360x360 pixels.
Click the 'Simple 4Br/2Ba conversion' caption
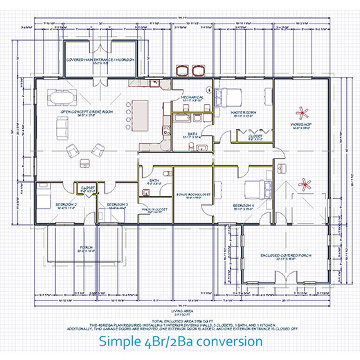pyautogui.click(x=180, y=341)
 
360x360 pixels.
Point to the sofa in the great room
pyautogui.click(x=62, y=126)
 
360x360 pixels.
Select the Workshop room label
pyautogui.click(x=303, y=125)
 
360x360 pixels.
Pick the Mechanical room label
pyautogui.click(x=183, y=98)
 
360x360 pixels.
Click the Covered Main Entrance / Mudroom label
pyautogui.click(x=100, y=60)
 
